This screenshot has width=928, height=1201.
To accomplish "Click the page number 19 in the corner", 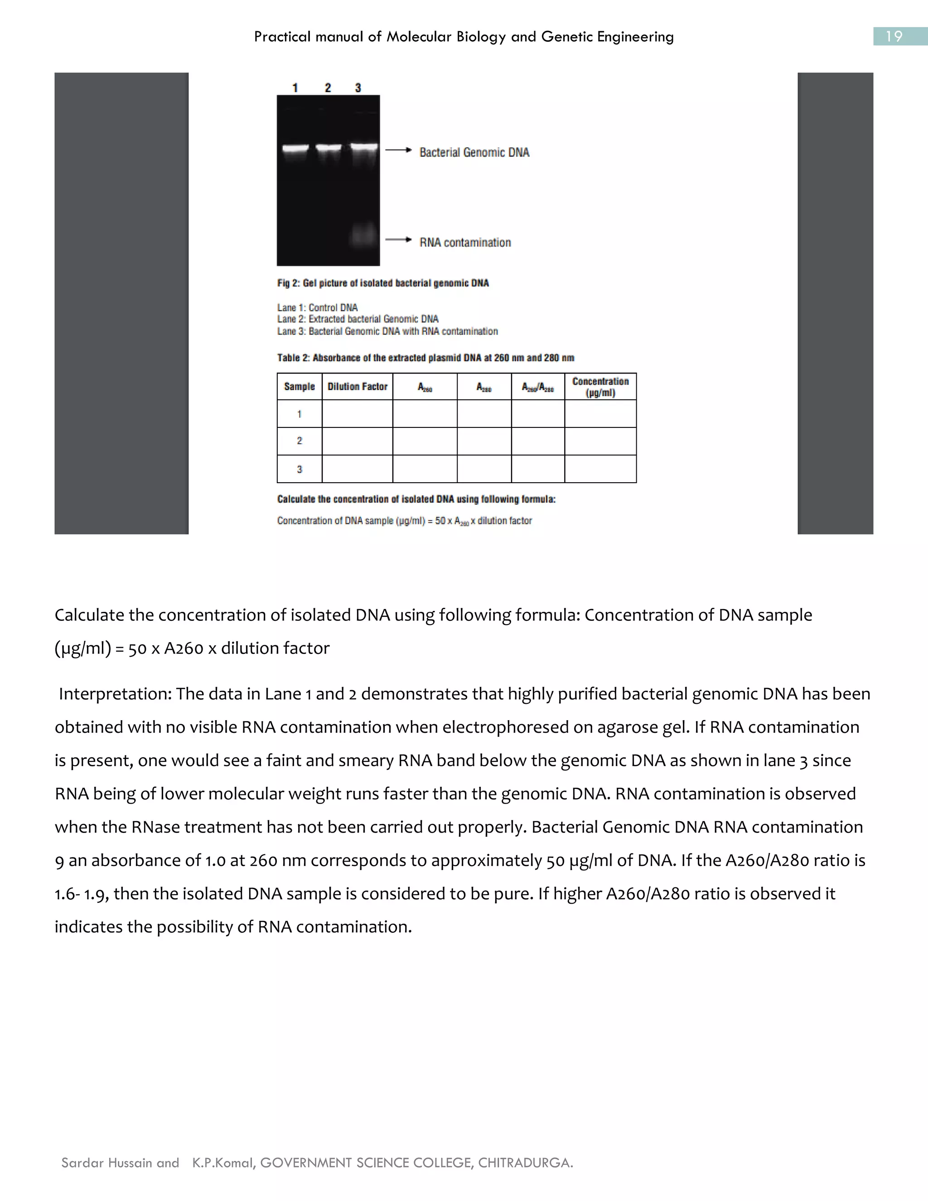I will click(x=894, y=36).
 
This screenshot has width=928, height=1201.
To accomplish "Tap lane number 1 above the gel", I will click(x=295, y=87).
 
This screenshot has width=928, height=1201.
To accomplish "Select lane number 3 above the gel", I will click(x=358, y=87).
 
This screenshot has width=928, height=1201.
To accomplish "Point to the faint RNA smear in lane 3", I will click(x=364, y=235).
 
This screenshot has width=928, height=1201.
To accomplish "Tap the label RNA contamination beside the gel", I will click(x=465, y=242).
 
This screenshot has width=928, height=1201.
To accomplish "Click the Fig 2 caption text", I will click(x=382, y=283).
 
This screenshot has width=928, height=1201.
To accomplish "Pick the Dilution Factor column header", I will click(x=358, y=387).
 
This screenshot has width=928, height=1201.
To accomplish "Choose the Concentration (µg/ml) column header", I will click(x=600, y=387).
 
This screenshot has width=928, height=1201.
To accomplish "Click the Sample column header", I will click(x=299, y=387).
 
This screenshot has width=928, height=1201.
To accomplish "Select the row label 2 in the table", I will click(x=299, y=441).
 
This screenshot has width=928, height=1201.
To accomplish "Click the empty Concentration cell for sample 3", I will click(x=600, y=469).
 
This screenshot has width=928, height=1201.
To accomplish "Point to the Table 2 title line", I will click(x=425, y=358).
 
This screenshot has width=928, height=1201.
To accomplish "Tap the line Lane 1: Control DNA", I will click(x=317, y=307).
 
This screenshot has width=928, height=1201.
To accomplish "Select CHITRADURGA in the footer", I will click(x=525, y=1162).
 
